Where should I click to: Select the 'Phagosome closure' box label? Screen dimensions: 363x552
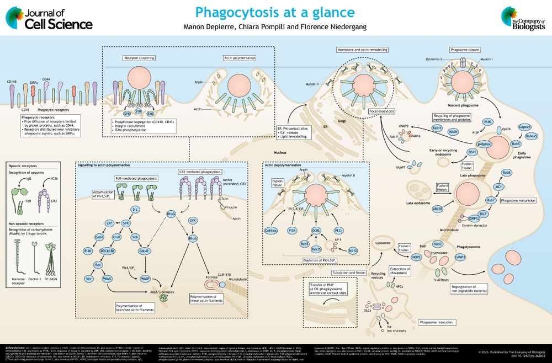tap(462, 49)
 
